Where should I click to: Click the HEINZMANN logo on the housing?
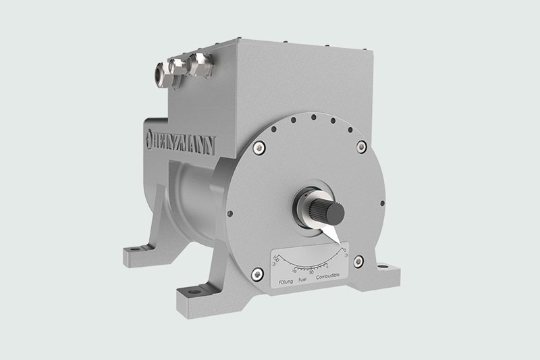click(177, 140)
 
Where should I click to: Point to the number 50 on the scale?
click(311, 263)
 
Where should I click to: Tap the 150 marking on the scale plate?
click(276, 257)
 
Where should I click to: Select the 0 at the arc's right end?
click(346, 247)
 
